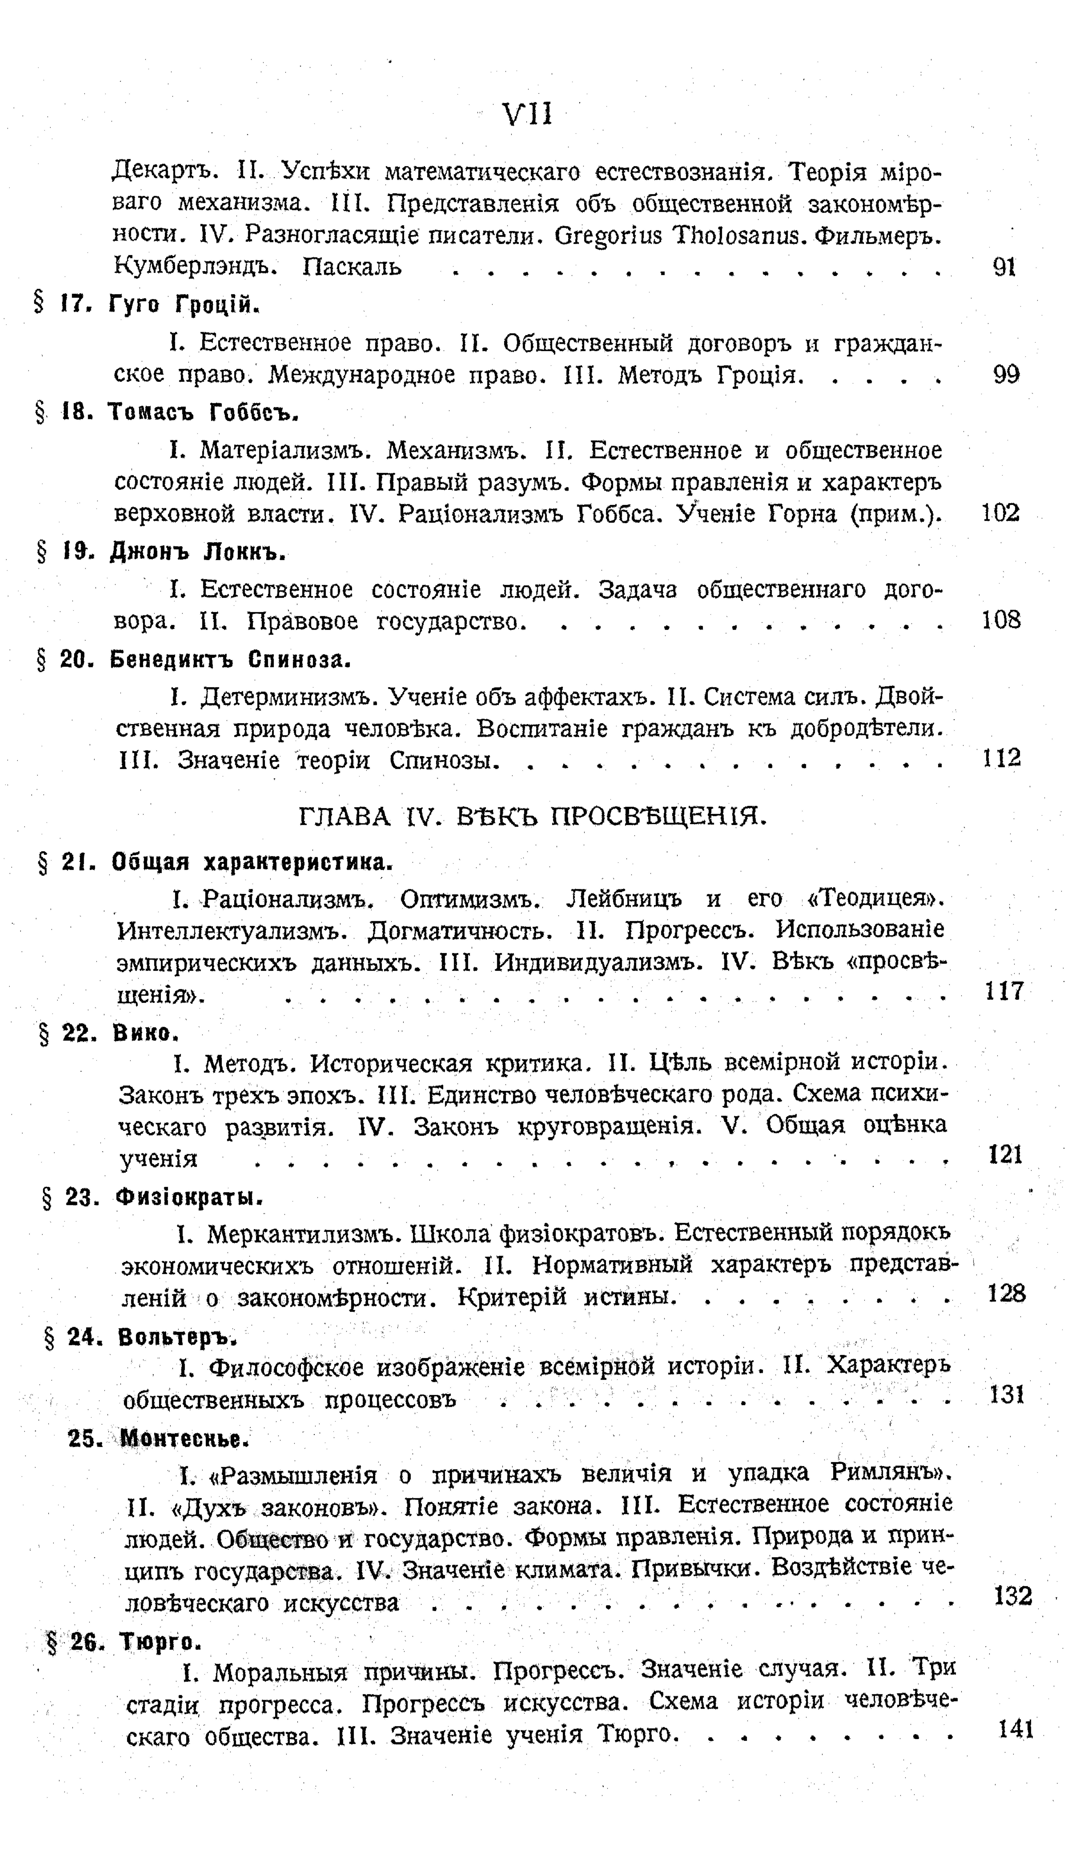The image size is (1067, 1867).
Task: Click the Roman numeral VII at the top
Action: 528,115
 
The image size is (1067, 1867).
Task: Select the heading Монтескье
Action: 185,1438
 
